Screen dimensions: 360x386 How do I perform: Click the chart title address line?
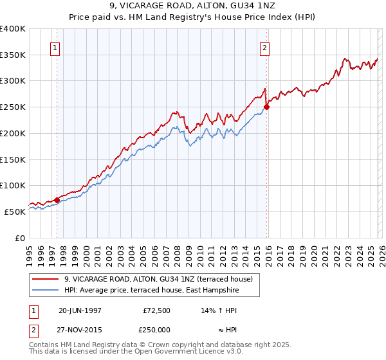point(192,6)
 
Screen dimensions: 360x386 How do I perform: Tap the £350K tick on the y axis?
point(13,55)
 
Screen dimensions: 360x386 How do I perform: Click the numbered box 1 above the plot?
point(55,47)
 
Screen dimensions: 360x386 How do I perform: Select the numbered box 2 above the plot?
point(264,47)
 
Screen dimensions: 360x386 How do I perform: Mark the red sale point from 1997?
point(57,200)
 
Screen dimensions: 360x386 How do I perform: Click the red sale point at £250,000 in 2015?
point(266,107)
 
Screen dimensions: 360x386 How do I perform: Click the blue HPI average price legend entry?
point(151,291)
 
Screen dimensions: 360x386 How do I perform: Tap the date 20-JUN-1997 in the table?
point(80,310)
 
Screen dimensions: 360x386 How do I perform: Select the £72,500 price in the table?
point(156,310)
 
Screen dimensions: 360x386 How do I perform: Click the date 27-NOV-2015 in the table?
point(80,330)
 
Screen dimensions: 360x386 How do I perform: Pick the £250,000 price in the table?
point(156,330)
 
